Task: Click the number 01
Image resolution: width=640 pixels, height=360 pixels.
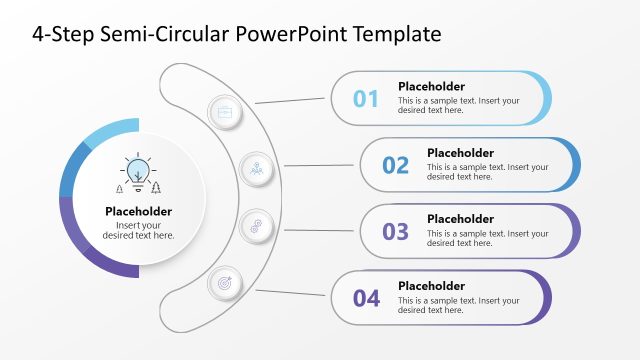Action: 366,99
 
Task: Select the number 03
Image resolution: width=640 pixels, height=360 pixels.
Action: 396,232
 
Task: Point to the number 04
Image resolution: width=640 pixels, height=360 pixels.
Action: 366,298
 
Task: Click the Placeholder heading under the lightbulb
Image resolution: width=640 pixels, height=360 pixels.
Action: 138,211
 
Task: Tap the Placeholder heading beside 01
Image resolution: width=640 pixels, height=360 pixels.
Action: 431,86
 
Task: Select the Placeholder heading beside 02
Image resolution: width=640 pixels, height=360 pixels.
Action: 460,153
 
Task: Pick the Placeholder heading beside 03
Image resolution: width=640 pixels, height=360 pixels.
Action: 460,219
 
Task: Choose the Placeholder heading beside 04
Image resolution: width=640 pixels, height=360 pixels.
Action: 431,285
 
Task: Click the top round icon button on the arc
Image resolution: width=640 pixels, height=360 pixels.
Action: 224,111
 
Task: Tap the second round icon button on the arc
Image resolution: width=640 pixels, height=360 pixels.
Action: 257,168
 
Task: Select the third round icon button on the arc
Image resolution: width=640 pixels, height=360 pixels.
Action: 257,225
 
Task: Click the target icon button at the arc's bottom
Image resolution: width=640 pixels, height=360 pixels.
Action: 224,284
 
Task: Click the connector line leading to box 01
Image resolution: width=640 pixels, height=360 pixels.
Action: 291,100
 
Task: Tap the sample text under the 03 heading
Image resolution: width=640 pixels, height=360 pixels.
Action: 487,238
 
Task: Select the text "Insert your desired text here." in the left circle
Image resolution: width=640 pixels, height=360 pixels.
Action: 138,230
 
